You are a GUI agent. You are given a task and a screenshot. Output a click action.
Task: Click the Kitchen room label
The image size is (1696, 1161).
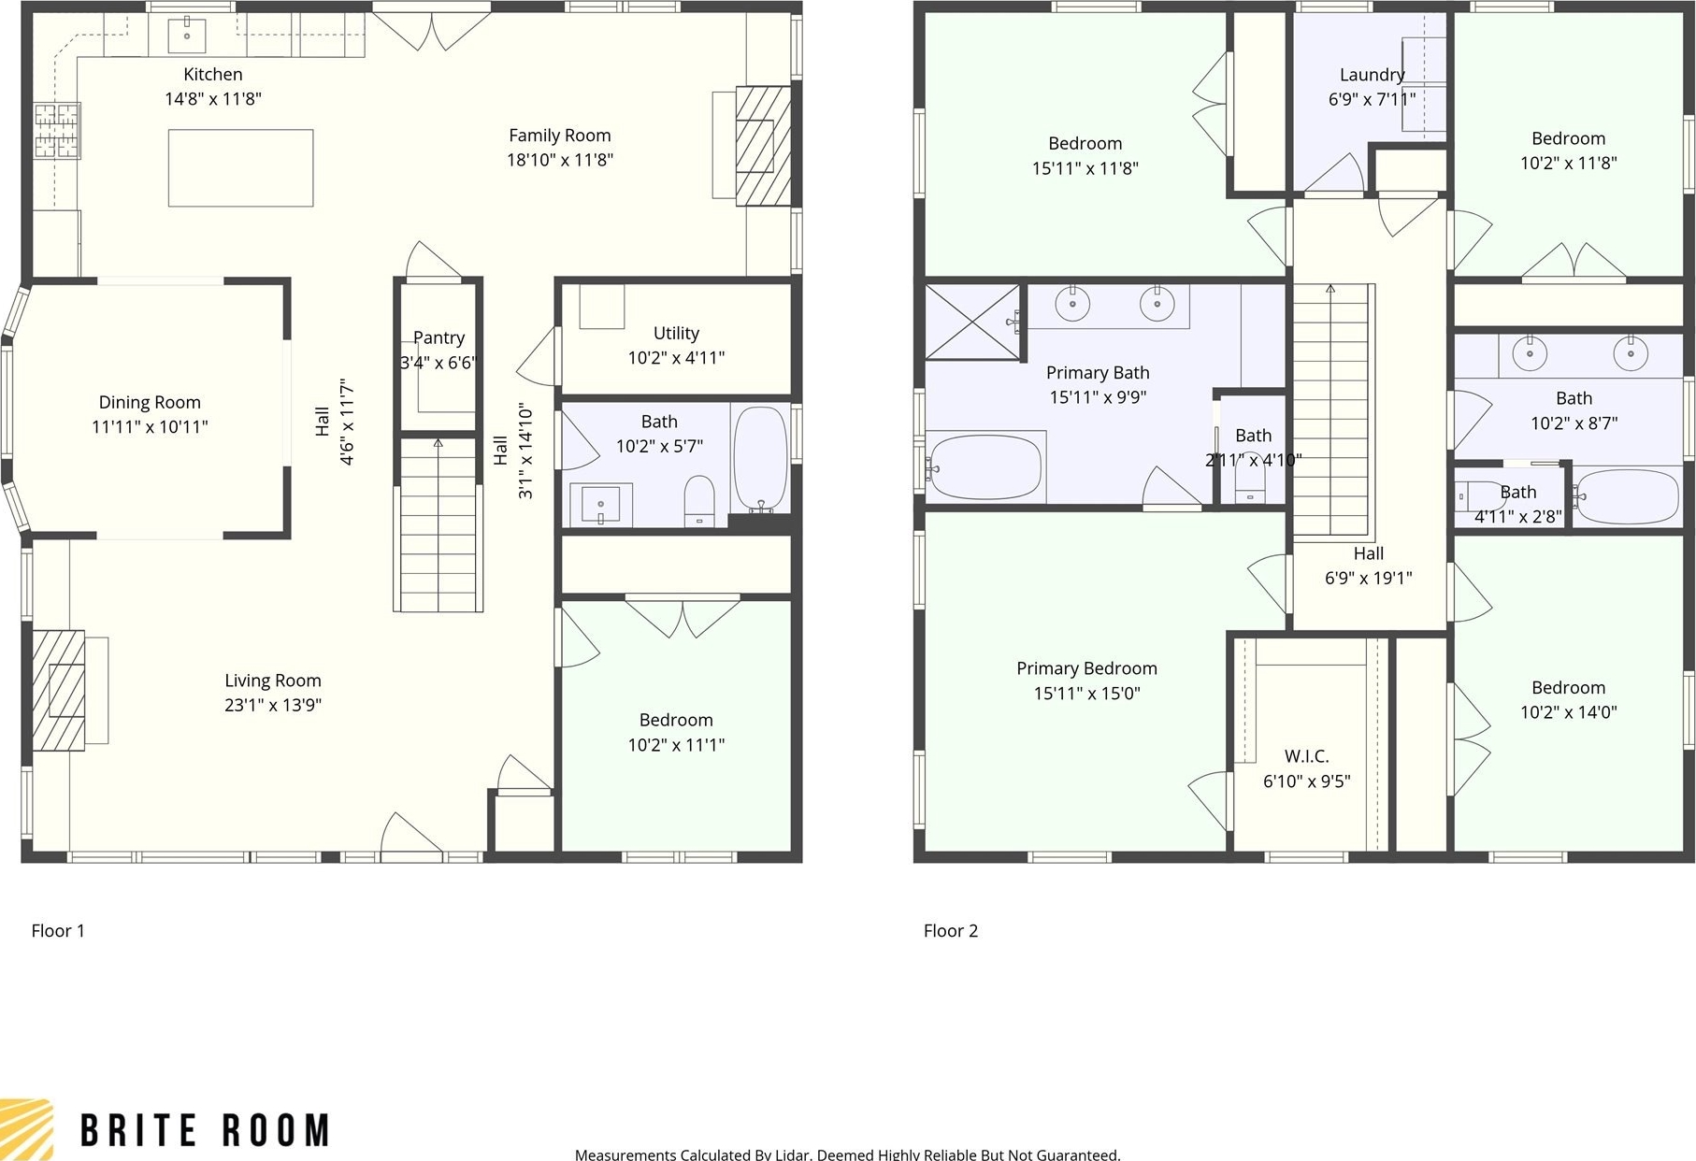tap(213, 75)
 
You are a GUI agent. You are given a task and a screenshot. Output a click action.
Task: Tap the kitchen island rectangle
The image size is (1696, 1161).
tap(240, 168)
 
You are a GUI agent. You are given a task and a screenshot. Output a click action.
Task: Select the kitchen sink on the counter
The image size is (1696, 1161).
tap(187, 36)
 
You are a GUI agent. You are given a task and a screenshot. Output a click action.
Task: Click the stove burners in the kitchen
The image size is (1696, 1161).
tap(58, 130)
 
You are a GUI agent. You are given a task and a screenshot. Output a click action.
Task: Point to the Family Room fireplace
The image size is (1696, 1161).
tap(763, 146)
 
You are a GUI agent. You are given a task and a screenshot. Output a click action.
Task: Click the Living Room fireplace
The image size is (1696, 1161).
tap(59, 690)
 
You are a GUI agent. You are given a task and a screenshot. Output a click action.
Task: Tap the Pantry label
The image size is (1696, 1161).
tap(438, 338)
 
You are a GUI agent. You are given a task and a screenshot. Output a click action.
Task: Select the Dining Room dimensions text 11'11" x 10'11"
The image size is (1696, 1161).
tap(150, 427)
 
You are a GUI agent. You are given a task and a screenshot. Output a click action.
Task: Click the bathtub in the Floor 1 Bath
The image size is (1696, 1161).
tap(761, 458)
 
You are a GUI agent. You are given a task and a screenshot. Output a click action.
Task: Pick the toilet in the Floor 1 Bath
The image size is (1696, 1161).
tap(699, 501)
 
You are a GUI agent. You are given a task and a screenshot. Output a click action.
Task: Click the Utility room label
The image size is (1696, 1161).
tap(676, 333)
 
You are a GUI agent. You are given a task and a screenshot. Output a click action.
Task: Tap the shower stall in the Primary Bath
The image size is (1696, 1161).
tap(972, 322)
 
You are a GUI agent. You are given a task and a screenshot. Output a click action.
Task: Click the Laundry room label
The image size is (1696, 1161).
tap(1372, 75)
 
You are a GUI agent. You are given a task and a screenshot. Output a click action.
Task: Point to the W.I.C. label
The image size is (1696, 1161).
tap(1306, 756)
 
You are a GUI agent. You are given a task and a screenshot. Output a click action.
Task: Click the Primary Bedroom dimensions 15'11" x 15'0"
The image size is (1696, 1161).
tap(1086, 694)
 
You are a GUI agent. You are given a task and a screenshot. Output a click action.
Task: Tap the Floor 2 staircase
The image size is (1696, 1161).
tap(1330, 410)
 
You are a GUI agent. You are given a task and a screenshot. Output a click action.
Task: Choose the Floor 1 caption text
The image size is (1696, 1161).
tap(58, 931)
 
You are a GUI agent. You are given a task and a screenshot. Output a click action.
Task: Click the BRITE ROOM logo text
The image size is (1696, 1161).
tap(205, 1130)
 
